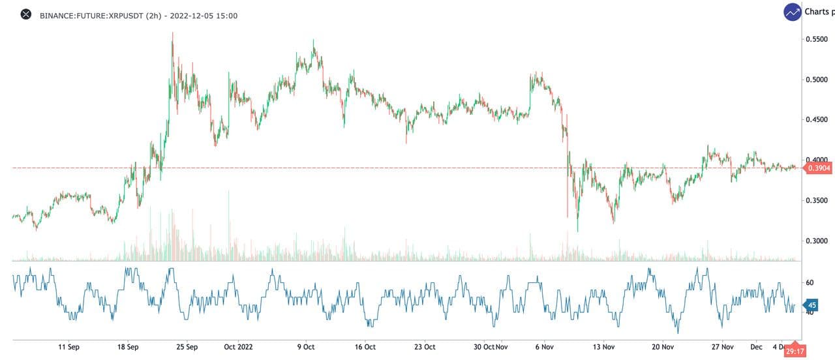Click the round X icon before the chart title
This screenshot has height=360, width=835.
(x=26, y=14)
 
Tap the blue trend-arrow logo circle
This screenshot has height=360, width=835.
(x=793, y=12)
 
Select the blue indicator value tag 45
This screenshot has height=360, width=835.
(x=812, y=305)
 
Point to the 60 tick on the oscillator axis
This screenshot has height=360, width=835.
(x=810, y=282)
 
